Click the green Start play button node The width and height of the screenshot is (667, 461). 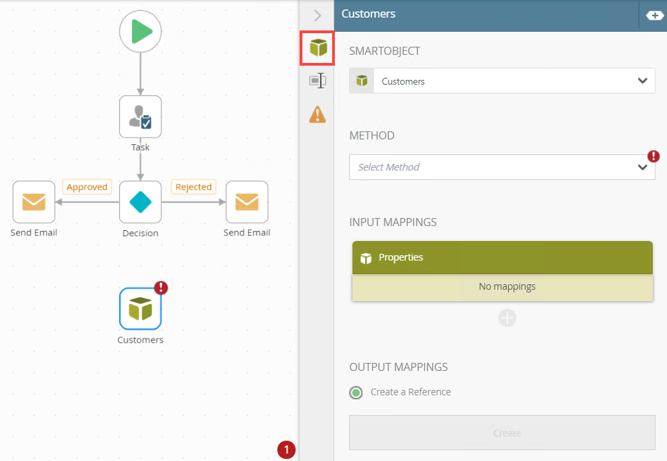[140, 32]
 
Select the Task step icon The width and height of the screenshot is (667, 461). [140, 116]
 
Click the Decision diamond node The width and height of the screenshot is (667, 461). [140, 202]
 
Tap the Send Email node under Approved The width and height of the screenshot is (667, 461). [34, 202]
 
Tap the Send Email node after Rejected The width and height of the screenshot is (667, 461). [247, 202]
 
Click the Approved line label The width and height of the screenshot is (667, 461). [87, 187]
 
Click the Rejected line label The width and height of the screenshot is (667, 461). [193, 187]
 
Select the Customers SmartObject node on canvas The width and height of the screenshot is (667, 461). [140, 309]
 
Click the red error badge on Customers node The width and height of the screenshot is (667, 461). [161, 288]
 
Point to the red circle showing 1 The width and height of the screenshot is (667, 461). [286, 449]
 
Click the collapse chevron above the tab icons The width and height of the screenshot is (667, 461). [317, 15]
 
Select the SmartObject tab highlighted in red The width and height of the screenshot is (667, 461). [317, 48]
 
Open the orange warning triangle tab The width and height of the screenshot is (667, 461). [317, 114]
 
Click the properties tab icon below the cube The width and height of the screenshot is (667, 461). [317, 81]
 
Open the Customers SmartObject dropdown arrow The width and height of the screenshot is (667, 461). [642, 81]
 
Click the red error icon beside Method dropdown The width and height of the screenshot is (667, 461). [653, 156]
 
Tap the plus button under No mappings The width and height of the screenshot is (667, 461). [507, 317]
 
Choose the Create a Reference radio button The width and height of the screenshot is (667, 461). [356, 392]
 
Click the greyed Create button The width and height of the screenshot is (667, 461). [502, 433]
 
